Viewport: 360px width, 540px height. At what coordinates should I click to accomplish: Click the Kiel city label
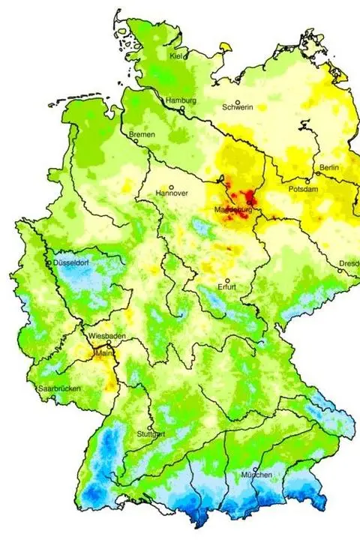[x=176, y=56]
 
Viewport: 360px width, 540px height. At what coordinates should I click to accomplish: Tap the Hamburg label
[x=181, y=100]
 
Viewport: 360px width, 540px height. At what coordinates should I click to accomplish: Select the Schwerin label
[x=238, y=107]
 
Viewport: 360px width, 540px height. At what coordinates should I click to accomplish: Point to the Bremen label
[x=142, y=134]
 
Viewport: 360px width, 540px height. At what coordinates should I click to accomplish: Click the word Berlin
[x=329, y=166]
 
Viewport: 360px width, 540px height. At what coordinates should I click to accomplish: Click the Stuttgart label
[x=151, y=434]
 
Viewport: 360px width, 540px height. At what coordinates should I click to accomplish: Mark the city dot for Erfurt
[x=227, y=280]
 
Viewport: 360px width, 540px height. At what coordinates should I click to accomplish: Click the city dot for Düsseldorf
[x=50, y=264]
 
